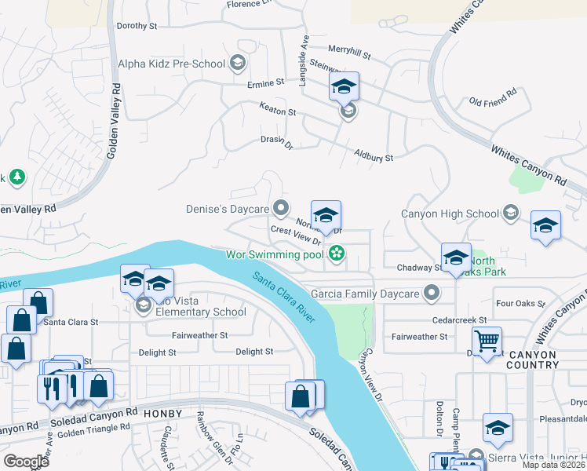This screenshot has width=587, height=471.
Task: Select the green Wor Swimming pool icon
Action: (337, 254)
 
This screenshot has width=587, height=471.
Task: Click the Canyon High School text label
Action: (450, 214)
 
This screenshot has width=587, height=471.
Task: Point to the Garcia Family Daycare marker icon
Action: (431, 294)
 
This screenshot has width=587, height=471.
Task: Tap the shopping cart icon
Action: (487, 341)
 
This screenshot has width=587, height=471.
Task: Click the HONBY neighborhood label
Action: (162, 414)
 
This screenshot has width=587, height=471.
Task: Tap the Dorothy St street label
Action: (137, 26)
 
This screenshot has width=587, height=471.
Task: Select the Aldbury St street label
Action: (373, 157)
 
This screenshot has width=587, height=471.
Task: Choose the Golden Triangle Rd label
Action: (93, 429)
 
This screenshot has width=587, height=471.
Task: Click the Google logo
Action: (26, 461)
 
